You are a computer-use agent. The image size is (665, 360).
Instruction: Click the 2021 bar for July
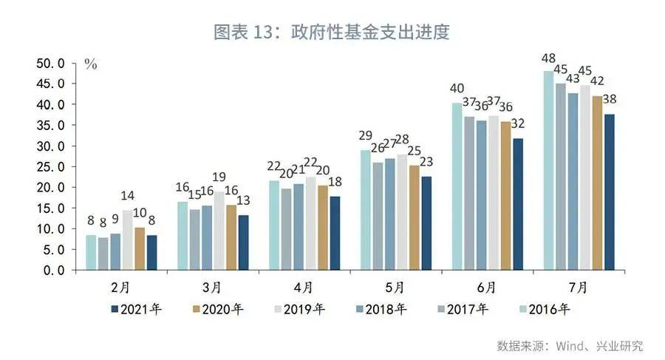[x=609, y=192]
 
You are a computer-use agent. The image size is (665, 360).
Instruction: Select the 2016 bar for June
[x=457, y=186]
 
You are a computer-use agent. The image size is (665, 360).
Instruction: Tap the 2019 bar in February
[x=127, y=240]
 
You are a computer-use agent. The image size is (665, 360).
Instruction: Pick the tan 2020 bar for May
[x=414, y=218]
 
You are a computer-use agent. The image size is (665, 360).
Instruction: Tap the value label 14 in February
[x=129, y=196]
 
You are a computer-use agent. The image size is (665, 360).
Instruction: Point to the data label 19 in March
[x=219, y=177]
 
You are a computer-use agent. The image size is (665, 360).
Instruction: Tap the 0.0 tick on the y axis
[x=54, y=271]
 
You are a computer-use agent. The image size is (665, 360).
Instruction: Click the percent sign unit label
[x=91, y=64]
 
